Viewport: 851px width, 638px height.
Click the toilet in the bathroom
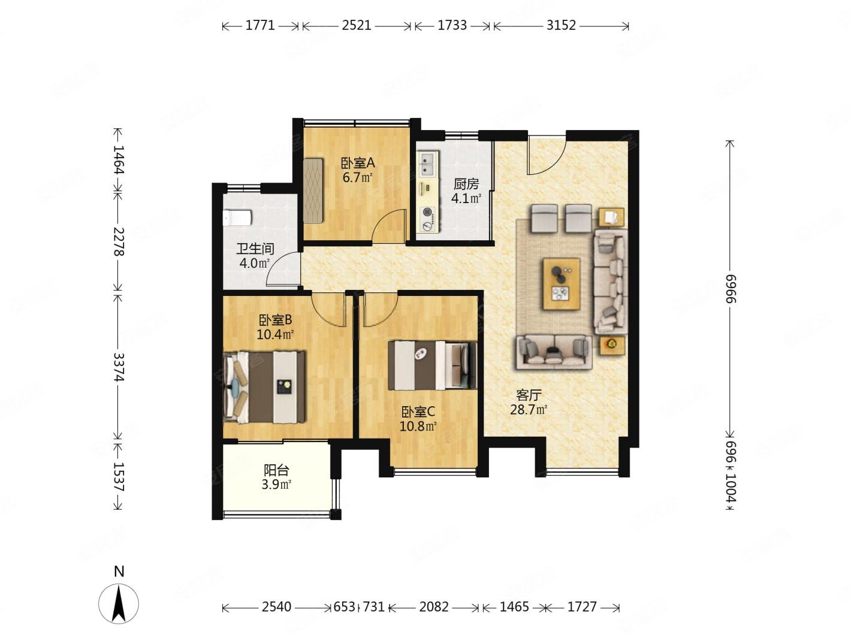point(238,217)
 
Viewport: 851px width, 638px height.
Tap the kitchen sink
point(427,164)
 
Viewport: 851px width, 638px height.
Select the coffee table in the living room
point(561,283)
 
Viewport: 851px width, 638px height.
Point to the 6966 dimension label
point(730,288)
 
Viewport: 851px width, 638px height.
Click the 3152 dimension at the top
point(561,26)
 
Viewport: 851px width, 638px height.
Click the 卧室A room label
point(357,163)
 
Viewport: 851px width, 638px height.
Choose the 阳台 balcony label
point(276,470)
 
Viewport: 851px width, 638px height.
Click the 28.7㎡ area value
point(529,410)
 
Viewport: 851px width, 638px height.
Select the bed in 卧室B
point(264,387)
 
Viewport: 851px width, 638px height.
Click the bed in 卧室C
point(432,365)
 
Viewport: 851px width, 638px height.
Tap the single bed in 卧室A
point(313,190)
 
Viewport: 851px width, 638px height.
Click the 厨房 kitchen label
point(466,184)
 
